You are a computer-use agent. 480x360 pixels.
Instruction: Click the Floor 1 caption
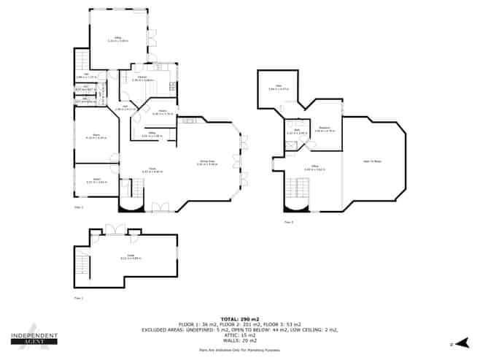(79, 299)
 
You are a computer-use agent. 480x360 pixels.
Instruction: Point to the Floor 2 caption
(79, 208)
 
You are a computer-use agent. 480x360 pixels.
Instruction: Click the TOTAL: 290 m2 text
(239, 319)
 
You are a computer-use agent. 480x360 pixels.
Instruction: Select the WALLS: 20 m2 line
(239, 340)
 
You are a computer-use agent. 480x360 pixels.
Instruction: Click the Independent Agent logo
(33, 337)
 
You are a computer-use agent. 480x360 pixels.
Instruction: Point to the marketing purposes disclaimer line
(239, 351)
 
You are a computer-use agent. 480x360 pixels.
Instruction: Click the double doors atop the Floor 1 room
(115, 230)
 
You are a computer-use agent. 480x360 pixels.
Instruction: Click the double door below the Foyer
(160, 207)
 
